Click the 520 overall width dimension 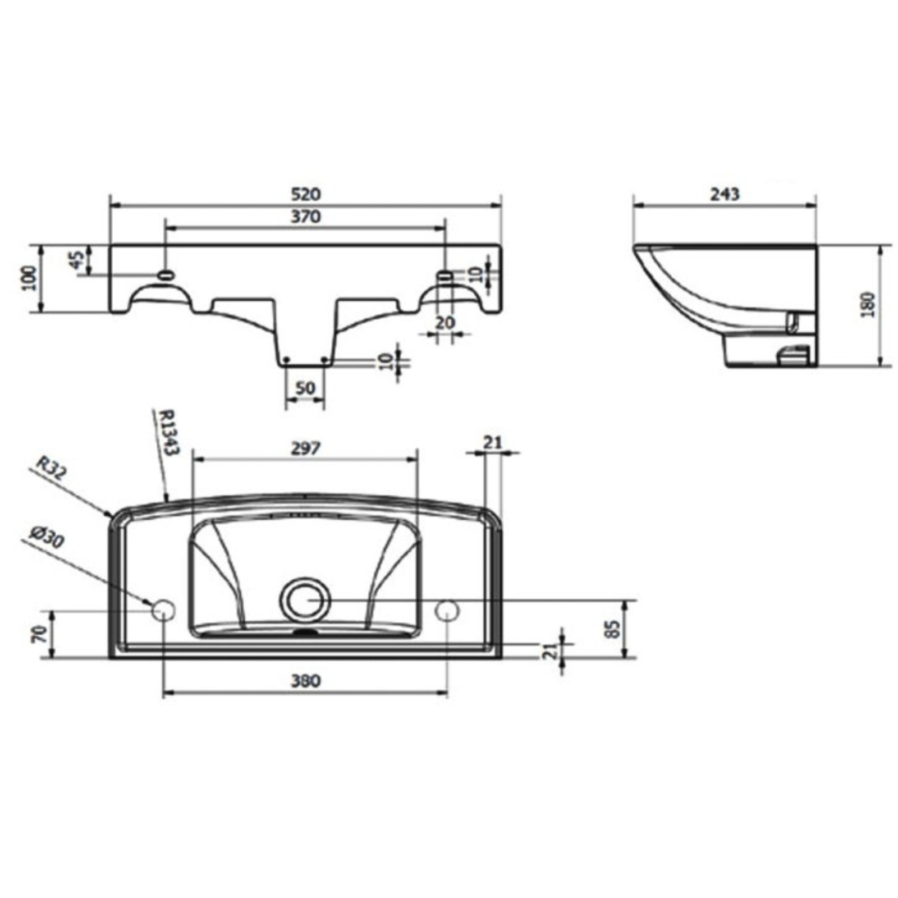[306, 194]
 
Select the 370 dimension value [306, 216]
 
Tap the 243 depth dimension [725, 194]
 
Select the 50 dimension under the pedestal [305, 388]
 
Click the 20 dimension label [445, 323]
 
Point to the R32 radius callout [51, 467]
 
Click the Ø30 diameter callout [47, 539]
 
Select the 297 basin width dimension [306, 448]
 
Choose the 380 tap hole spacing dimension [306, 681]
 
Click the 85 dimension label [613, 629]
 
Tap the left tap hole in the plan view [163, 610]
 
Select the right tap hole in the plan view [447, 610]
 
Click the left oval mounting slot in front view [166, 275]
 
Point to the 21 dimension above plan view [492, 443]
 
